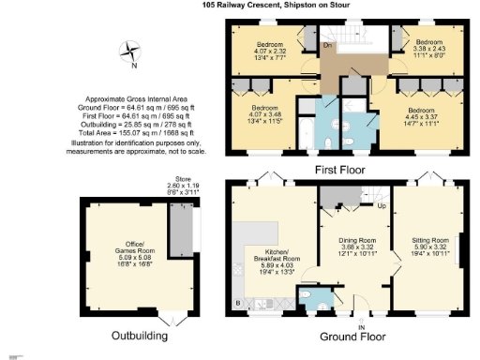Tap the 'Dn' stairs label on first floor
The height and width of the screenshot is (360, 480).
327,44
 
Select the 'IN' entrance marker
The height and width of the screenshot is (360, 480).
362,326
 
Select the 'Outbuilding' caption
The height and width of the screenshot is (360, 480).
140,335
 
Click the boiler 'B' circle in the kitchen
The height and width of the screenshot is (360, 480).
238,304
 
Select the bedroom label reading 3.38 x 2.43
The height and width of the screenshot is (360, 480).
428,48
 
